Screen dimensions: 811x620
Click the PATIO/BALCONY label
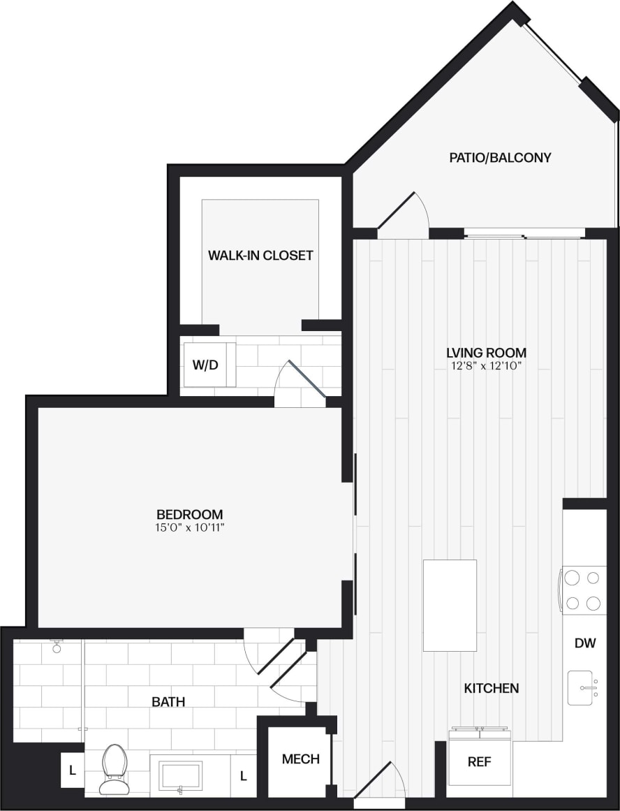click(x=499, y=157)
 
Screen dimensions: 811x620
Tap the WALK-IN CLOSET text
click(x=260, y=255)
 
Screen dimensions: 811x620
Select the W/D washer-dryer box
click(x=209, y=364)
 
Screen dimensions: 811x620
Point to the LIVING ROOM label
click(x=486, y=352)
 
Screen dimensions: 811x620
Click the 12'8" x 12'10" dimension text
click(x=485, y=365)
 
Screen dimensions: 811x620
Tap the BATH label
click(x=168, y=701)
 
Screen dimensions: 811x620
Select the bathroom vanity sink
click(x=180, y=776)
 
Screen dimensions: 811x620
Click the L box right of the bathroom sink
click(x=243, y=775)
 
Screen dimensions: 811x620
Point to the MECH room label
click(x=300, y=759)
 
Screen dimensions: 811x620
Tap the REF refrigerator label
click(x=479, y=761)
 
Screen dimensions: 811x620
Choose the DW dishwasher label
click(x=585, y=643)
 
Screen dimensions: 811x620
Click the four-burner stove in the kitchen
click(x=583, y=590)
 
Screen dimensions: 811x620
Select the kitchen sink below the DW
click(x=582, y=688)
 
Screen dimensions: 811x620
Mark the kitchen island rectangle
click(x=450, y=605)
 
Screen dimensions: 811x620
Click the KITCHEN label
click(x=492, y=688)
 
